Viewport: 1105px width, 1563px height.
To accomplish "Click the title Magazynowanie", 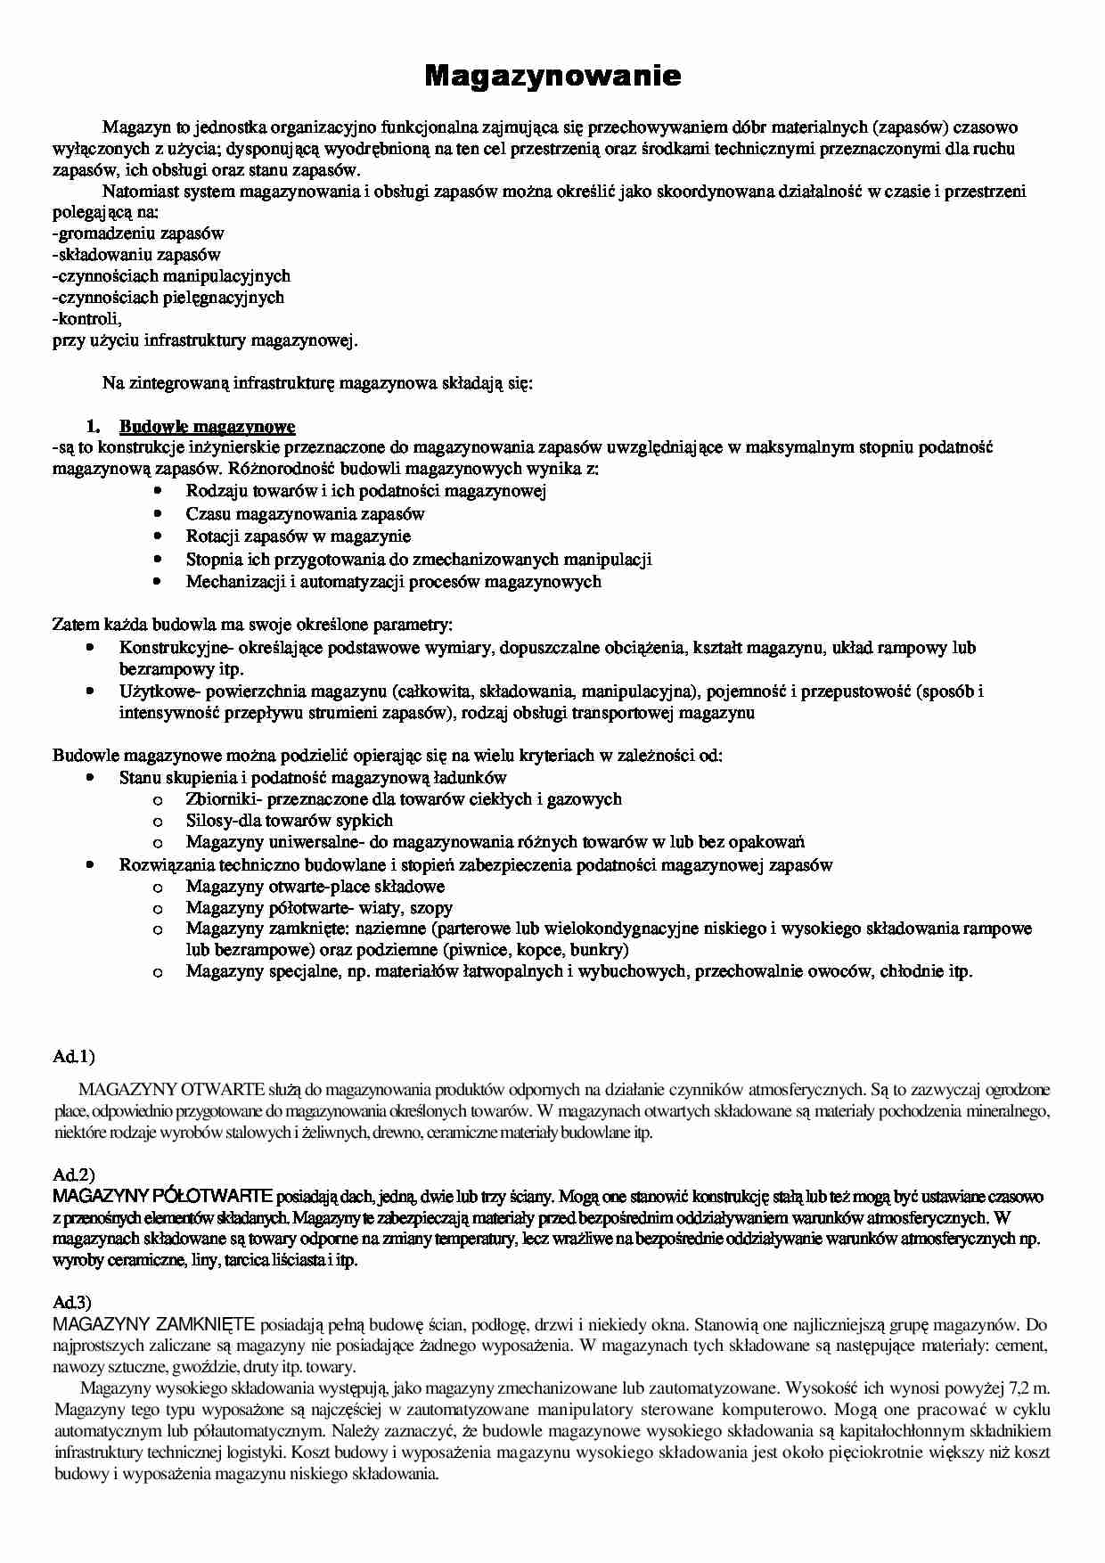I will click(x=552, y=77).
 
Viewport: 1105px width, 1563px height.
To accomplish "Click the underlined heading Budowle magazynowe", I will click(x=207, y=426).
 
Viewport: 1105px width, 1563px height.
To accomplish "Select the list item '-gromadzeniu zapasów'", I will click(x=138, y=233).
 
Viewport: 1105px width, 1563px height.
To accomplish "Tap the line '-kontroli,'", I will click(x=86, y=319).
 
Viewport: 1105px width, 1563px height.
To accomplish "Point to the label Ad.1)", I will click(x=73, y=1057).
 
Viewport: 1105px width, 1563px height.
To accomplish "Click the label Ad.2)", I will click(x=73, y=1175).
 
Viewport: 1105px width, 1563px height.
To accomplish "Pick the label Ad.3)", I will click(x=73, y=1304).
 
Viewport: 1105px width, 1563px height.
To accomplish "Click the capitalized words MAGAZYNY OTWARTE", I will click(x=171, y=1089).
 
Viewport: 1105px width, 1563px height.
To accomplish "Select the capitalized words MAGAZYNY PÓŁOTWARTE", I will click(x=162, y=1196).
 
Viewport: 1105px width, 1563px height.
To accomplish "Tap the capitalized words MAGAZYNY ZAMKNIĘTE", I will click(x=154, y=1324).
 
